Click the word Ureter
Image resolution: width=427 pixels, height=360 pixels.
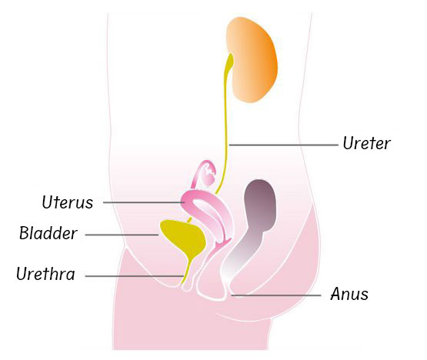pos(366,143)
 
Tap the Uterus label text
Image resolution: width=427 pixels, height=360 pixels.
pos(68,202)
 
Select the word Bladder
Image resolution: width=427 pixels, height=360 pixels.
pos(48,233)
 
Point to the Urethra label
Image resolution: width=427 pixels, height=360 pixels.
pos(45,273)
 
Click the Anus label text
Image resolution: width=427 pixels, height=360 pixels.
pos(349,294)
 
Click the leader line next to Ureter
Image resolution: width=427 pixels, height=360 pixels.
pos(283,145)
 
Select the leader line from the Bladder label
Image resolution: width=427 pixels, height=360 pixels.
pos(122,235)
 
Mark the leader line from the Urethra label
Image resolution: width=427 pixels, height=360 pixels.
pos(135,276)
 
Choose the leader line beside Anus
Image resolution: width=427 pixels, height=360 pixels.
pos(276,295)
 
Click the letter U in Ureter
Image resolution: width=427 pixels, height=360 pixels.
pos(348,143)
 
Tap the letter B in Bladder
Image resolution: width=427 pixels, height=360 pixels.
pos(24,233)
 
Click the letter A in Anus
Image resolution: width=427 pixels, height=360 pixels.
pos(335,294)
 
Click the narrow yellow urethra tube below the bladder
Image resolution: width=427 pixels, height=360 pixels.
pos(187,272)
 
